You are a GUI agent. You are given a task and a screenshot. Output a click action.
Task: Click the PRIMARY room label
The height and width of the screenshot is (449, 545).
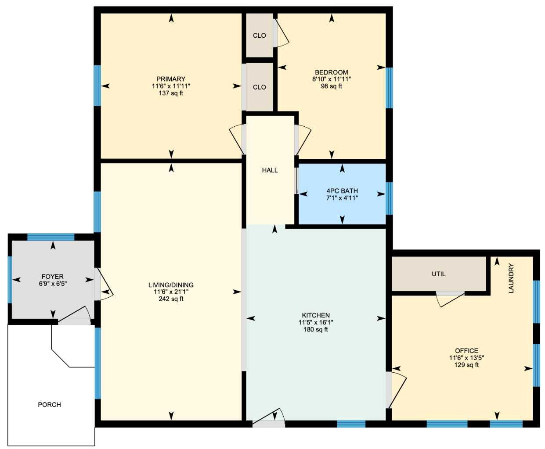point(171,79)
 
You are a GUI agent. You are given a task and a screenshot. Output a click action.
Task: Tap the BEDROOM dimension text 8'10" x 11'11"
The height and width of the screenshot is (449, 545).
point(331,79)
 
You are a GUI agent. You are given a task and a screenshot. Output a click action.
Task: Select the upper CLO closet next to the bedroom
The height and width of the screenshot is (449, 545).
point(259,36)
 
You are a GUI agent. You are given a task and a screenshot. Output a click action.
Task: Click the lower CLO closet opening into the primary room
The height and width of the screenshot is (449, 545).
point(259,87)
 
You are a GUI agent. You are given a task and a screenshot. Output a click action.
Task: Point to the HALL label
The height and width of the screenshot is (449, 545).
point(270,170)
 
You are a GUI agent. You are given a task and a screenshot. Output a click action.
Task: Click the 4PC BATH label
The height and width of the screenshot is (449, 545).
point(342,191)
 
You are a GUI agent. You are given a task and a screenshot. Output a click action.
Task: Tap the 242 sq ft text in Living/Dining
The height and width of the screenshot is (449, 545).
point(171,299)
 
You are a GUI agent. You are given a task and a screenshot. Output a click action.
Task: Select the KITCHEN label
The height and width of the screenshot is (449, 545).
point(316,315)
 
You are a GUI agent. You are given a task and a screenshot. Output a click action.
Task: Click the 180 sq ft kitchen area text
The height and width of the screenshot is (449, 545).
point(316,330)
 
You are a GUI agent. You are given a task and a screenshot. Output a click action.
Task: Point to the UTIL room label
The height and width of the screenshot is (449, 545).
point(438,274)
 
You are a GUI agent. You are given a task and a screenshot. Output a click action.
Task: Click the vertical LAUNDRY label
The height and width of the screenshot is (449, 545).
point(510,278)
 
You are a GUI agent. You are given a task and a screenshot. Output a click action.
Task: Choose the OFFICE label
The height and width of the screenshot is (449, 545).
point(466,351)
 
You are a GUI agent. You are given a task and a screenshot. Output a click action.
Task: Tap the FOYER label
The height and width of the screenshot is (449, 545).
point(53,277)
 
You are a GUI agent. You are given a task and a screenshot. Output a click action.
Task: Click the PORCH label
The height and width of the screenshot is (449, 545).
point(49,405)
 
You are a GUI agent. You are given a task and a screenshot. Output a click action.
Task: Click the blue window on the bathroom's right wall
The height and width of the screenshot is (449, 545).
point(389,198)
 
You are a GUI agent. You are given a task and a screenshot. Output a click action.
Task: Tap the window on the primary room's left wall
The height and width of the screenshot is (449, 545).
point(97,86)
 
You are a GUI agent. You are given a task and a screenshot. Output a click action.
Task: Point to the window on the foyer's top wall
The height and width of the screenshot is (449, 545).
point(51,237)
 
